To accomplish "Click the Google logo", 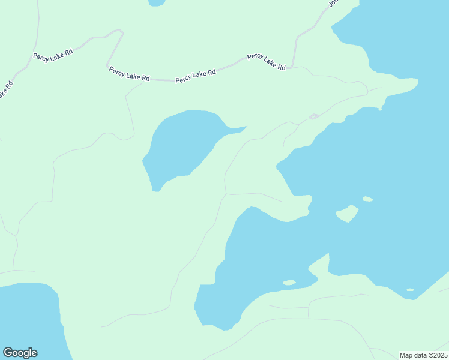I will pos(20,353).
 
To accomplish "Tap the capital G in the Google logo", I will pos(8,353).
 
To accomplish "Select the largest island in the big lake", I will pos(347,213).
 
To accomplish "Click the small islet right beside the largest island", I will pos(367,199).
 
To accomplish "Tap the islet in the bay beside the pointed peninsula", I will pos(289,282).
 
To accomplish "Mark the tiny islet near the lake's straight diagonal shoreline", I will pos(410,290).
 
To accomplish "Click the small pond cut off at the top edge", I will pos(156,2).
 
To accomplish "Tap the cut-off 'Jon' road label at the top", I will pos(334,3).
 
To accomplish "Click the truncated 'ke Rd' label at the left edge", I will pos(5,90).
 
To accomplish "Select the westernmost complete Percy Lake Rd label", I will pos(53,55).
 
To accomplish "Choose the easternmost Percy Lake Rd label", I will pos(266,61).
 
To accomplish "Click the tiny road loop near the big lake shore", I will pos(313,116).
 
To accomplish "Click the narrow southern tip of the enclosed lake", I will pos(156,188).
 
